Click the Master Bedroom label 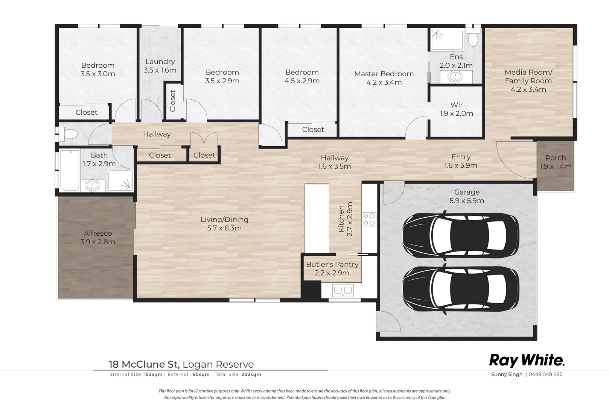point(384,74)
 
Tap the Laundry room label point(160,62)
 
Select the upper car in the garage point(460,237)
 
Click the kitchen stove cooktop point(369,219)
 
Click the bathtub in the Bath point(70,170)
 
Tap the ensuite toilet point(473,39)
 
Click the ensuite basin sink point(455,77)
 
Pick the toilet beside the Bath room point(69,134)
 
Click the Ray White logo point(527,361)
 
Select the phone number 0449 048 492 point(545,374)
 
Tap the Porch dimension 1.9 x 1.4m point(555,167)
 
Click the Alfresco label point(98,233)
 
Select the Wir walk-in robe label point(456,105)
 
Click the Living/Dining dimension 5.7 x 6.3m point(224,228)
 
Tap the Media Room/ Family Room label point(528,76)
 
